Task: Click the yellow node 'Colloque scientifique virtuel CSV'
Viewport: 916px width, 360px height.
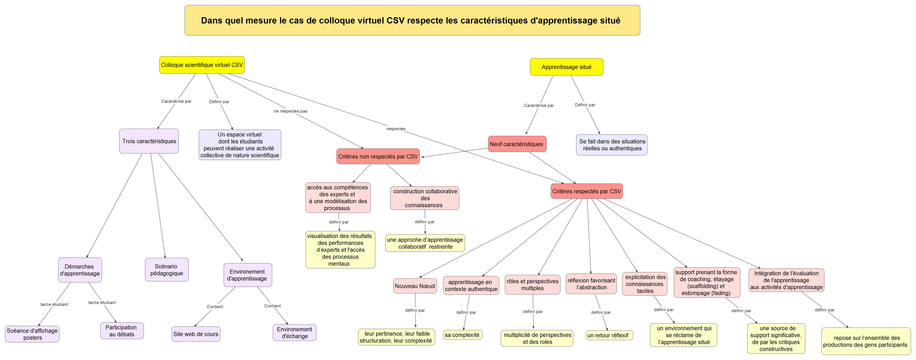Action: pyautogui.click(x=202, y=65)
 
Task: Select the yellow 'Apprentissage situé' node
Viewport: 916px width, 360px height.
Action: pyautogui.click(x=566, y=67)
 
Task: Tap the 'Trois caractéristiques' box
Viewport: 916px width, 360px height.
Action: pyautogui.click(x=149, y=141)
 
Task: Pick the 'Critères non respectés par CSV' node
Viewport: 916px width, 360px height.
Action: pyautogui.click(x=378, y=157)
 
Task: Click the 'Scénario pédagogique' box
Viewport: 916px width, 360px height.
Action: pyautogui.click(x=167, y=270)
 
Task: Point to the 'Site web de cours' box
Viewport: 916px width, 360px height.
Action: pyautogui.click(x=196, y=334)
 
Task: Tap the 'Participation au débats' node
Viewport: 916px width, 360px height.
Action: pyautogui.click(x=122, y=331)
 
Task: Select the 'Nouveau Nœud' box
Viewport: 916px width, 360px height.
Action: pyautogui.click(x=415, y=286)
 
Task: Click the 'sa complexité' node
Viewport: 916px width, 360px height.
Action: pyautogui.click(x=462, y=335)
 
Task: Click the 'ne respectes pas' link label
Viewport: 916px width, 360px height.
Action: pyautogui.click(x=291, y=111)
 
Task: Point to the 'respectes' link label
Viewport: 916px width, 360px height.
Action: pyautogui.click(x=396, y=129)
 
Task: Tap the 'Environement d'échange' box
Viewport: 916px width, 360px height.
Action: pyautogui.click(x=294, y=333)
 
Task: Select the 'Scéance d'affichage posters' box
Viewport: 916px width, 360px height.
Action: pyautogui.click(x=32, y=334)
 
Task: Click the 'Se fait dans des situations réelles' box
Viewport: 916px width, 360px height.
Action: pyautogui.click(x=612, y=145)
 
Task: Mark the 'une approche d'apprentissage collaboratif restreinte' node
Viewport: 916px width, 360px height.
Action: pyautogui.click(x=425, y=243)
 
